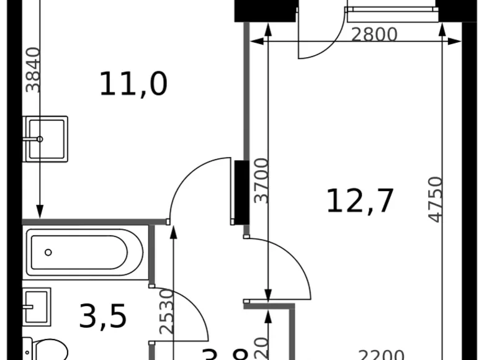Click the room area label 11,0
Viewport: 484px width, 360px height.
click(x=133, y=84)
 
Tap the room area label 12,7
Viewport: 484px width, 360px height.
click(x=361, y=201)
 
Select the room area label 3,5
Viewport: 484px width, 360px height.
click(x=103, y=316)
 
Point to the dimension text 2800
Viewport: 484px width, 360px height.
click(x=374, y=34)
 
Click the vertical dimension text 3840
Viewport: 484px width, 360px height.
click(x=34, y=70)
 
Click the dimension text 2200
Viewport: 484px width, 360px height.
click(x=381, y=356)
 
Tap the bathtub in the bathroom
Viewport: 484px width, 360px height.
click(x=86, y=252)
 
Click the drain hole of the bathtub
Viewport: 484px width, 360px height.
click(x=48, y=252)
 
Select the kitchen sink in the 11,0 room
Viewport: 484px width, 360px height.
click(x=45, y=139)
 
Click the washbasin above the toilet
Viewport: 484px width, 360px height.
click(x=36, y=306)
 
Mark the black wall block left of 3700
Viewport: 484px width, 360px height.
click(x=242, y=192)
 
